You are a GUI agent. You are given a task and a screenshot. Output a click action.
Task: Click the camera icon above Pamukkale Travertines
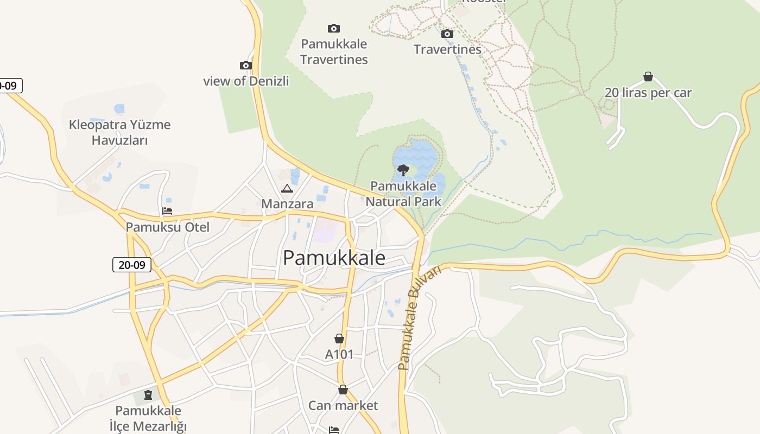(333, 28)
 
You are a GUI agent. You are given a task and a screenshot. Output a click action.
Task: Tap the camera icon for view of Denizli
(246, 66)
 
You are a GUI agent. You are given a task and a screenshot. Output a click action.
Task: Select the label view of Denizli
(246, 81)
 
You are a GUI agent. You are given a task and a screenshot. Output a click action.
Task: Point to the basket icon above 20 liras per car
(648, 76)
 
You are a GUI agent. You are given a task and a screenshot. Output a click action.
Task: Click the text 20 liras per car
(648, 93)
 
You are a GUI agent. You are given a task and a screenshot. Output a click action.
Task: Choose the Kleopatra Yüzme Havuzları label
(119, 132)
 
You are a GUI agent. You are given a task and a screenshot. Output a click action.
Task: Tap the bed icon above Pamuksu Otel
(167, 211)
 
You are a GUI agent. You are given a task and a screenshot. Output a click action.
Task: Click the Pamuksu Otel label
(167, 227)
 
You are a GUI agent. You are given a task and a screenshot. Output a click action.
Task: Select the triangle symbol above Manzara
(287, 188)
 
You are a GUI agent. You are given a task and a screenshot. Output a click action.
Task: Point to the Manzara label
(287, 204)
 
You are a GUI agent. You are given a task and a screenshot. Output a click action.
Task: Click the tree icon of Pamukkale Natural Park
(403, 170)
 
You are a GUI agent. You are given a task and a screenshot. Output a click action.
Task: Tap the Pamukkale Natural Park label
(403, 194)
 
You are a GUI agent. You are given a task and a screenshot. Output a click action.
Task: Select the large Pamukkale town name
(334, 258)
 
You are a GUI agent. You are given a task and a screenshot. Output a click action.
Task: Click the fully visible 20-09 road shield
(132, 265)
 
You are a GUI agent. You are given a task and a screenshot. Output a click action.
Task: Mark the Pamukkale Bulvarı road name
(419, 318)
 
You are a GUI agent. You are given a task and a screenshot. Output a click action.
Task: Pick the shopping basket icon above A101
(339, 339)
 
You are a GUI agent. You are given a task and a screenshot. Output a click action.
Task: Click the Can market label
(343, 405)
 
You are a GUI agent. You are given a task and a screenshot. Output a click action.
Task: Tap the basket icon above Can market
(343, 390)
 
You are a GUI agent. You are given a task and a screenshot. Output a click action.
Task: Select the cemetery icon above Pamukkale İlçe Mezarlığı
(148, 395)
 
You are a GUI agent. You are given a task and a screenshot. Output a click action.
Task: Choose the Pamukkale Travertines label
(334, 52)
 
